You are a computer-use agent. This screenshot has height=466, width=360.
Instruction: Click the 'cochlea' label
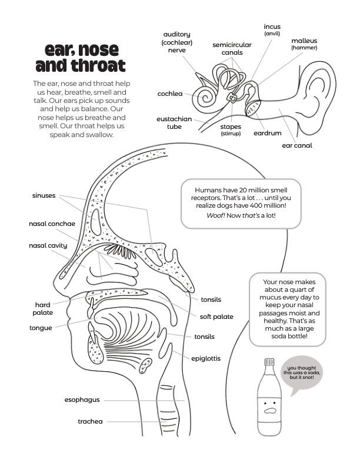point(170,94)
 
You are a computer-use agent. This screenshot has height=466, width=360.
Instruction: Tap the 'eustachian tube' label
point(174,123)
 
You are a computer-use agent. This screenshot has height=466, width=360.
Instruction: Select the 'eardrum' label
point(267,133)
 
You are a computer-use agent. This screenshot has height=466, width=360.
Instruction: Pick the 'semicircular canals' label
point(232,49)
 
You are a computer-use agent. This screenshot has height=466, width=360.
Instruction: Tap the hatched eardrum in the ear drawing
point(253,108)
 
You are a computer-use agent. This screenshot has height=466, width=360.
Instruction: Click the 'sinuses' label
point(44,195)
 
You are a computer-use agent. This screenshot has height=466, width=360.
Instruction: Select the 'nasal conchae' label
point(52,224)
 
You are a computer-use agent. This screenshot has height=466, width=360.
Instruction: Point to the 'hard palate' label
point(43,309)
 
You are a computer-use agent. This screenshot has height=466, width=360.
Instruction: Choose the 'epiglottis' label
point(206,358)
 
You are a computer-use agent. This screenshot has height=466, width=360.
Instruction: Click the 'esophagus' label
point(82,400)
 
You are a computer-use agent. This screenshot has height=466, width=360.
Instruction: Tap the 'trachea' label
point(90,421)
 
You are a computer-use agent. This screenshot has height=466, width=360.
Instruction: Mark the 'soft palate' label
point(216,317)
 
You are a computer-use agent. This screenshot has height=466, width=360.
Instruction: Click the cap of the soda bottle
point(269,362)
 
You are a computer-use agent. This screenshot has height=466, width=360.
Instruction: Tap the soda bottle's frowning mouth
point(270,411)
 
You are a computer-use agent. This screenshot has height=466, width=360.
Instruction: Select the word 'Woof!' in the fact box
point(216,215)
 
